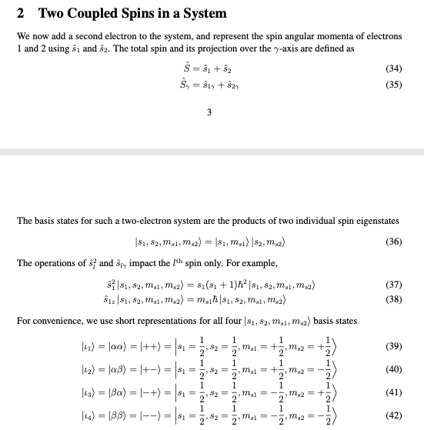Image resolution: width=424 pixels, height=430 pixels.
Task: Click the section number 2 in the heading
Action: tap(21, 13)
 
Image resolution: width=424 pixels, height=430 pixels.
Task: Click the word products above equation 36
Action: tap(238, 221)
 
